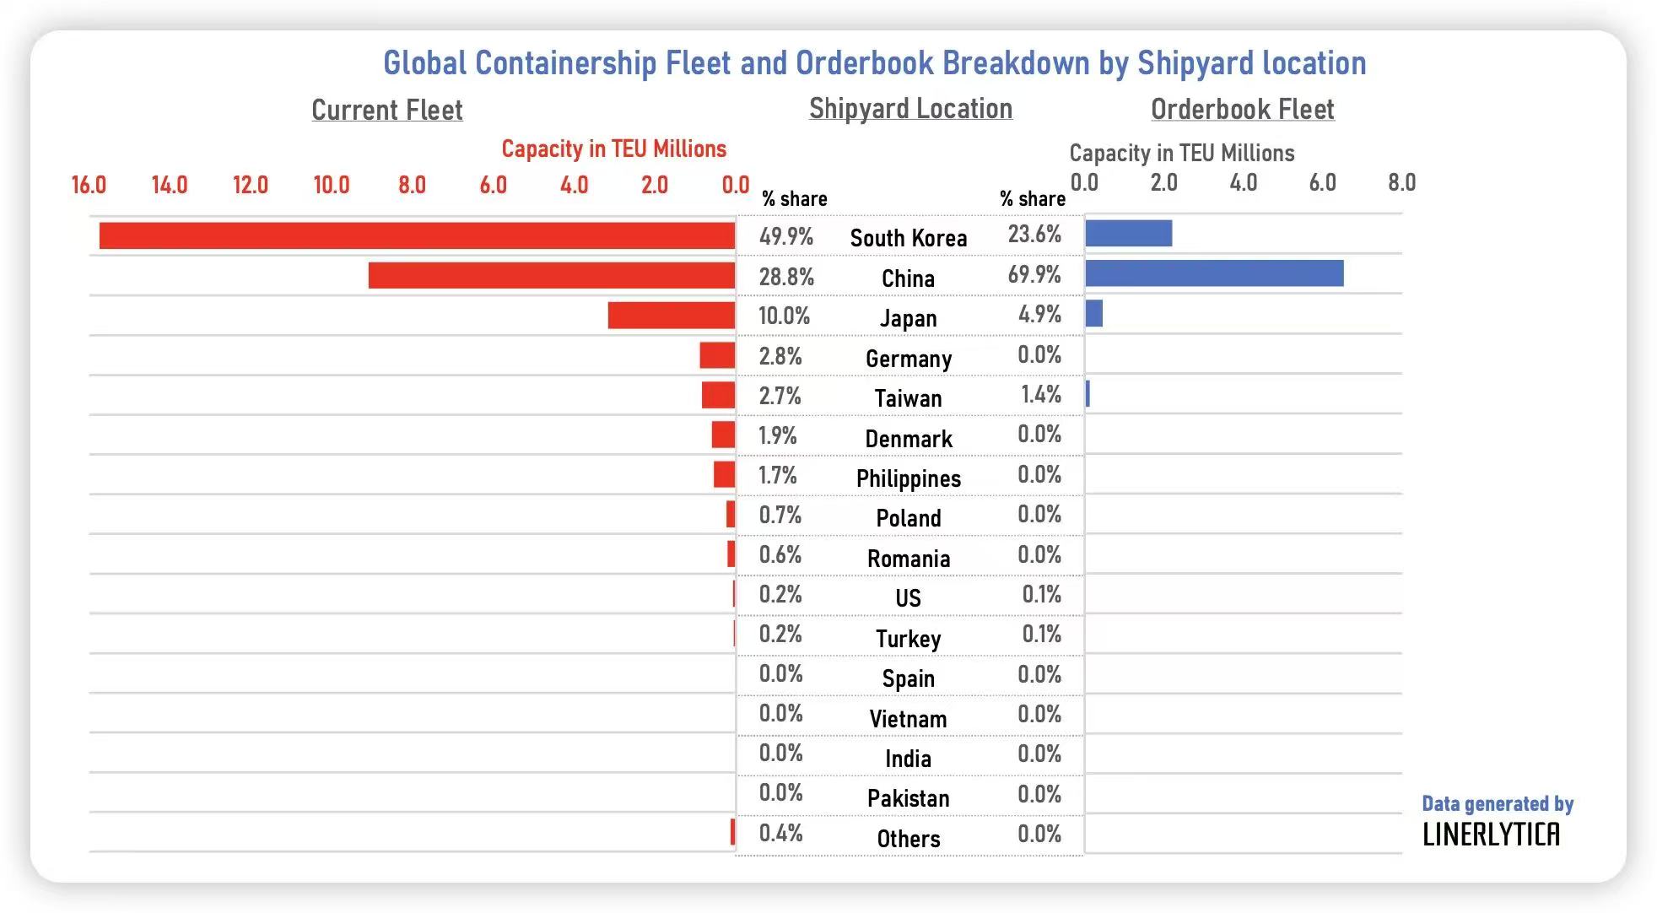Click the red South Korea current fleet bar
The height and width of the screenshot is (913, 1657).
coord(417,235)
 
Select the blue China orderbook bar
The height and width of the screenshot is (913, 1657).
coord(1214,273)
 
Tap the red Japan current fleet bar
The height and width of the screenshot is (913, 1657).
coord(671,315)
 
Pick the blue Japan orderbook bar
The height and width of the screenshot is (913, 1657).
coord(1094,313)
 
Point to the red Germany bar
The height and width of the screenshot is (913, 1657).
coord(717,355)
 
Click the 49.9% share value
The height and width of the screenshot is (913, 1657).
coord(785,236)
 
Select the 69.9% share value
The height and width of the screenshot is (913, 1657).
coord(1034,274)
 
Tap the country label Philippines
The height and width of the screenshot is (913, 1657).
coord(908,478)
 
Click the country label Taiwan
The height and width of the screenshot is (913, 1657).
coord(908,398)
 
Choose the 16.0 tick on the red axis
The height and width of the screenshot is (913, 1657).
coord(89,185)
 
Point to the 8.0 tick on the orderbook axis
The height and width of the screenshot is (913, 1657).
coord(1401,182)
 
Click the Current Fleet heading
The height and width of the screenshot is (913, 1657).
coord(387,110)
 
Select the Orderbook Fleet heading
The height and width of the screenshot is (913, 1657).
coord(1242,109)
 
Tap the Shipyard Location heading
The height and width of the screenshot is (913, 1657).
coord(910,108)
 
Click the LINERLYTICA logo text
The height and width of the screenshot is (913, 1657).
coord(1491,835)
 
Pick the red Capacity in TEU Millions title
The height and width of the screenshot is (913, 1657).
coord(613,149)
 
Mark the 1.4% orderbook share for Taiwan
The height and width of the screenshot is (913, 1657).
coord(1040,394)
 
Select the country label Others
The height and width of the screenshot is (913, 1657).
coord(908,839)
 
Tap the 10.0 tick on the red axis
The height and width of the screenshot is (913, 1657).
coord(331,185)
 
